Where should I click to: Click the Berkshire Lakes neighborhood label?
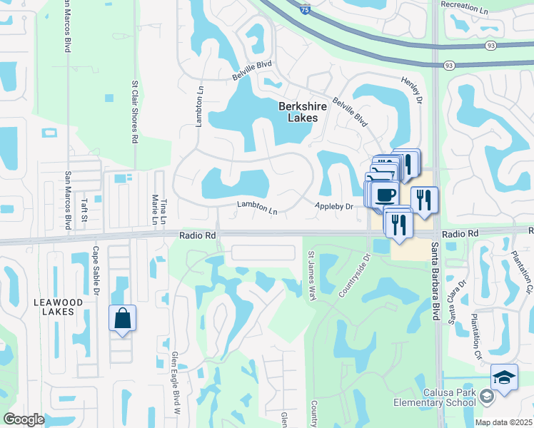(x=302, y=112)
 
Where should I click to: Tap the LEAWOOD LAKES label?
(x=59, y=307)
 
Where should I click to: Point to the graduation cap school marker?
(x=504, y=378)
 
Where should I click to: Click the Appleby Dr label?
(x=334, y=207)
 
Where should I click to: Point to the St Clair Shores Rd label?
(x=133, y=111)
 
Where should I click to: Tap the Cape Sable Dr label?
(x=95, y=271)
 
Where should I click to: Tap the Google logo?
(x=24, y=419)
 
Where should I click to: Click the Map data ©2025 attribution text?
(x=503, y=422)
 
